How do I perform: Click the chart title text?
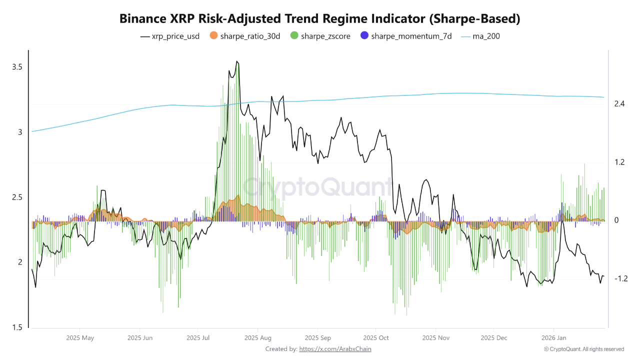click(x=320, y=19)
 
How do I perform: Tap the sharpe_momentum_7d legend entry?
click(x=405, y=36)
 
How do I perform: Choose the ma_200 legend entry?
click(x=480, y=36)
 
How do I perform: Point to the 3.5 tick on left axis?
click(x=17, y=67)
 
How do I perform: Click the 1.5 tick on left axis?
click(x=17, y=327)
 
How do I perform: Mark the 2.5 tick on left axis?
click(x=17, y=197)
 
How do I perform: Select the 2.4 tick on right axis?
click(x=619, y=104)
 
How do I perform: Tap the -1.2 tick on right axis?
click(x=620, y=278)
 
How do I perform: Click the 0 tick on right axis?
click(x=616, y=220)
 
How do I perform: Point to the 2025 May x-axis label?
click(x=80, y=338)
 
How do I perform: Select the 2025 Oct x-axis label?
click(x=376, y=338)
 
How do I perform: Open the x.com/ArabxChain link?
click(x=335, y=349)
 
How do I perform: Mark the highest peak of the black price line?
click(x=237, y=61)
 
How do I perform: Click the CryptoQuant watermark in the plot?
click(x=318, y=187)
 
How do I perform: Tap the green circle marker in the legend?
click(x=294, y=36)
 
